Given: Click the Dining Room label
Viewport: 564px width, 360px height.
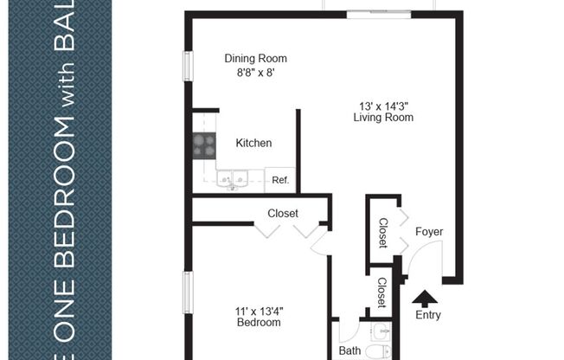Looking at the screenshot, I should (255, 59).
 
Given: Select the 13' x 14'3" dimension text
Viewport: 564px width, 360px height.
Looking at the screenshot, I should (383, 106).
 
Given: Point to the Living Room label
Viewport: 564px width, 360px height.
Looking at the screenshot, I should (383, 118).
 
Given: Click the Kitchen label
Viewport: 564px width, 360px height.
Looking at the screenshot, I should (253, 144).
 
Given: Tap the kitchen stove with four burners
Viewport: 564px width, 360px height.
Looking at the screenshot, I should (204, 145).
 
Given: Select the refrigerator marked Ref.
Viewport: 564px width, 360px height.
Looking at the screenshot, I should (280, 180).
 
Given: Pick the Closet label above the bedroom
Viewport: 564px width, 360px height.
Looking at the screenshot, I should (283, 213).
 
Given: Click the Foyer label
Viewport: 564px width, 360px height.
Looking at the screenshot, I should (429, 232).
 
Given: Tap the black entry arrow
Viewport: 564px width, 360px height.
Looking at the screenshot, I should (424, 299).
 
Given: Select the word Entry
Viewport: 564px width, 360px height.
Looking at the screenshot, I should (428, 316).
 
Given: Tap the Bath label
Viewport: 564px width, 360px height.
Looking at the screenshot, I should (349, 351).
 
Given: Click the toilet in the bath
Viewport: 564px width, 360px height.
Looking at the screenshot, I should (375, 350).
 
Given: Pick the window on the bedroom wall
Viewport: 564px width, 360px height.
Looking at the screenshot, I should (187, 294).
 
